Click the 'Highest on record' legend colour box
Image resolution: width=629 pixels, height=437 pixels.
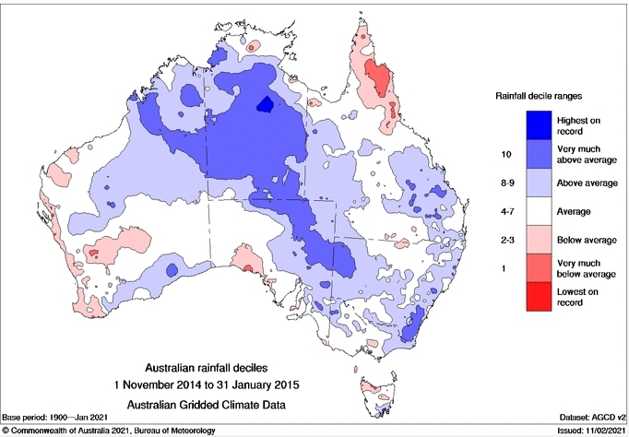[540, 126]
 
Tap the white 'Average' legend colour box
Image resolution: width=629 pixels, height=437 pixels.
[540, 211]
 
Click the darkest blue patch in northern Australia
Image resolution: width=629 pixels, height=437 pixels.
[266, 103]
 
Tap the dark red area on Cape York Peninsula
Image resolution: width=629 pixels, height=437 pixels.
[377, 79]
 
